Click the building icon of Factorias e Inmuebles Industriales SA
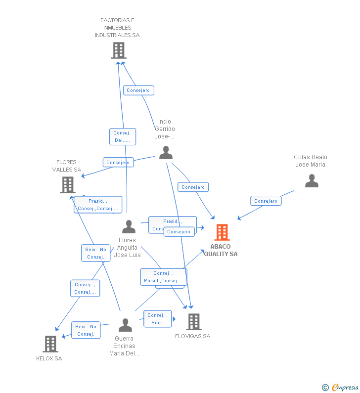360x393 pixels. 119,50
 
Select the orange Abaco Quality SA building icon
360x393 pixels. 222,232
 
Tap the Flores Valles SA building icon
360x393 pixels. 68,185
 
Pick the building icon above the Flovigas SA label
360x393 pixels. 194,322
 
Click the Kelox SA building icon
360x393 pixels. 50,344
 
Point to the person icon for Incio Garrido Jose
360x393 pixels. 166,153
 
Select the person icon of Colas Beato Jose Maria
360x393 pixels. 312,181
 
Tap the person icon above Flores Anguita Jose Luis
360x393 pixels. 129,227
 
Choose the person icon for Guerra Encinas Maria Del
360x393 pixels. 126,325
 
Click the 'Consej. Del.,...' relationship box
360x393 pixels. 123,136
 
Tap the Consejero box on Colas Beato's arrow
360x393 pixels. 266,201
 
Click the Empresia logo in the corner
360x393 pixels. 341,387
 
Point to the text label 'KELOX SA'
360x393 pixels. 49,358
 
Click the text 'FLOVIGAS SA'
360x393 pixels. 192,336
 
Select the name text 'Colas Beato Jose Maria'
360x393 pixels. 311,161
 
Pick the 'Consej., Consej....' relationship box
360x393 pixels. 85,288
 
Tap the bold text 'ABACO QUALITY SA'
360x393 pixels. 221,250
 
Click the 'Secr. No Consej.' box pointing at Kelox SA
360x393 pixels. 86,330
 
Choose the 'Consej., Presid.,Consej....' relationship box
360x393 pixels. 163,277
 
